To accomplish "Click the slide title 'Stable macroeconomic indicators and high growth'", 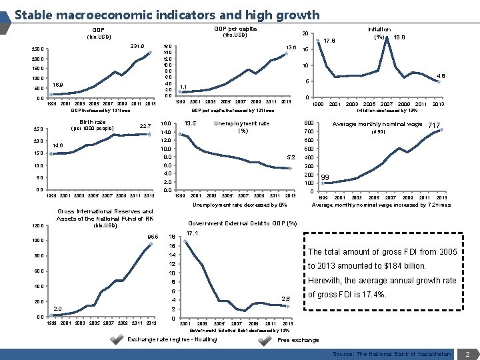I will click(167, 14).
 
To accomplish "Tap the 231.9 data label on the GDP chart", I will click(138, 46).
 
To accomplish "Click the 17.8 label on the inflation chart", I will click(329, 40).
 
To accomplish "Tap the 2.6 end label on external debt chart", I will click(286, 298).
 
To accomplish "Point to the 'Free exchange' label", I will click(298, 339).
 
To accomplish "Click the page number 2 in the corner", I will click(468, 353).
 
